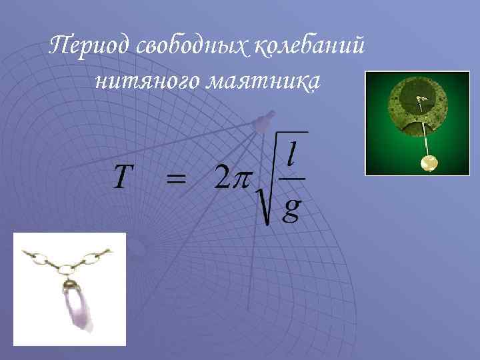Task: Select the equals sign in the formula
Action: coord(176,178)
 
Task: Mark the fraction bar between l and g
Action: coord(291,179)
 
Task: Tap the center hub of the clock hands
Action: coord(420,101)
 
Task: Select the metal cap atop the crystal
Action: coord(71,287)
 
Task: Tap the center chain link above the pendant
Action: coord(67,269)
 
